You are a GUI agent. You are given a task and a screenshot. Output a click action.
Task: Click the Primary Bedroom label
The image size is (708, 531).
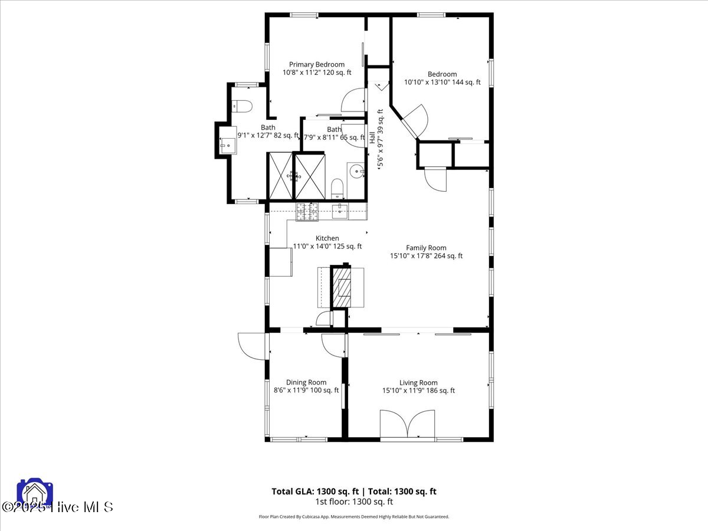[317, 64]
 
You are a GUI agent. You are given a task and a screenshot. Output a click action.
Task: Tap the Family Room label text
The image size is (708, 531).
[425, 248]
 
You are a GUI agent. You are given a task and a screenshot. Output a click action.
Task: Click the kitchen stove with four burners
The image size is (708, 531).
[307, 211]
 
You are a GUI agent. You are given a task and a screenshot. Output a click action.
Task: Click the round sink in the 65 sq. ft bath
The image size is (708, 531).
[356, 172]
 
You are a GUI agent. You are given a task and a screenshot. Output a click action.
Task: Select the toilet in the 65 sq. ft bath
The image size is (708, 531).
[337, 189]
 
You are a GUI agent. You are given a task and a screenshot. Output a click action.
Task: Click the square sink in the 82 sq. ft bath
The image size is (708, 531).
[227, 143]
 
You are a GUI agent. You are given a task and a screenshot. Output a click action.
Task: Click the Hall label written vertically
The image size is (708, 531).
[372, 137]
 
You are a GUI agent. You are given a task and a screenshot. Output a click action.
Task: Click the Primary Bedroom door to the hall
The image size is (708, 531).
[353, 99]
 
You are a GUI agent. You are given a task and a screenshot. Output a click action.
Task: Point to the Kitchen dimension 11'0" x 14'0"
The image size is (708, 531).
[327, 247]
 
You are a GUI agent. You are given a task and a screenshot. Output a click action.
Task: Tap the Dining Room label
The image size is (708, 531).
[306, 382]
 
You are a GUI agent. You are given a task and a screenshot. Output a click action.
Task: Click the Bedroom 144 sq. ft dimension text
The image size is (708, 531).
[442, 82]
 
